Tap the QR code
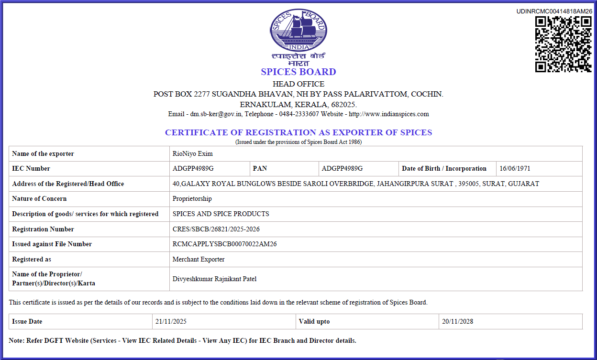pyautogui.click(x=564, y=44)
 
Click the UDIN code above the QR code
pyautogui.click(x=554, y=11)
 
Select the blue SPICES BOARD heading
pyautogui.click(x=298, y=72)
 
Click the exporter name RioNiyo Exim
pyautogui.click(x=192, y=153)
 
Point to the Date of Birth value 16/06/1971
pyautogui.click(x=515, y=168)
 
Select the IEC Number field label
pyautogui.click(x=31, y=168)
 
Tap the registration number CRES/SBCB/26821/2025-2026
pyautogui.click(x=216, y=229)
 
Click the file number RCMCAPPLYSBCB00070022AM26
pyautogui.click(x=224, y=244)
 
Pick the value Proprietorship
pyautogui.click(x=192, y=198)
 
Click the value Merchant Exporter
pyautogui.click(x=198, y=259)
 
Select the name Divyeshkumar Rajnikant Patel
pyautogui.click(x=214, y=279)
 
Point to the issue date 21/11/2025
pyautogui.click(x=171, y=321)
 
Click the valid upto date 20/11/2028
pyautogui.click(x=457, y=321)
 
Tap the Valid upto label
pyautogui.click(x=314, y=321)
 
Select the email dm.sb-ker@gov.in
pyautogui.click(x=216, y=114)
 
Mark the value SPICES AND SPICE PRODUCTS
pyautogui.click(x=221, y=214)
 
